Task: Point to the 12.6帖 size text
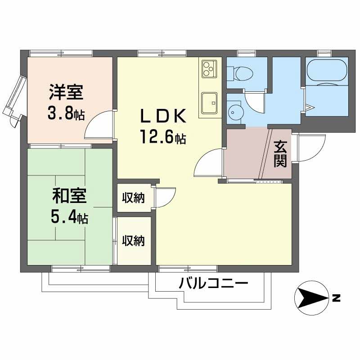coord(162,136)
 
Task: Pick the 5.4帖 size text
coord(68,217)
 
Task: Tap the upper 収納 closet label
coord(134,197)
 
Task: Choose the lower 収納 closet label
coord(134,241)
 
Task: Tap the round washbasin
coord(235,111)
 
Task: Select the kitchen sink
coord(209,103)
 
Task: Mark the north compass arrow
coord(312,298)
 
